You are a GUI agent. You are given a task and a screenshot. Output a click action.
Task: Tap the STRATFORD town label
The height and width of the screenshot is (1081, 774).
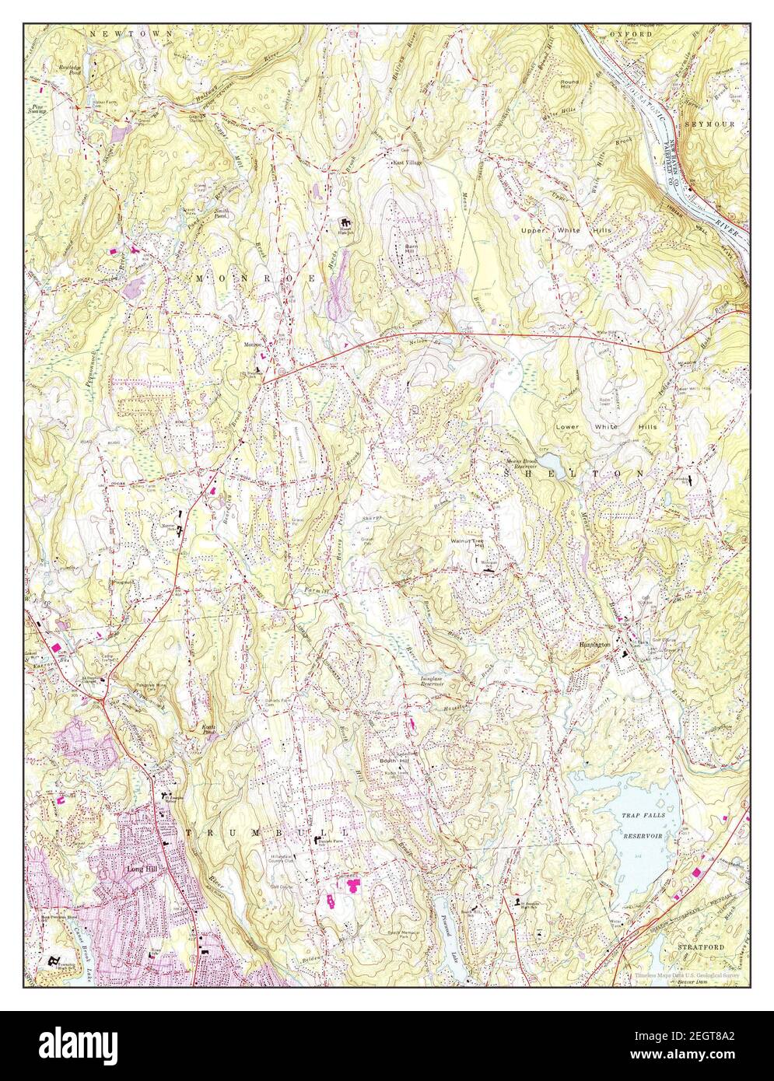pyautogui.click(x=701, y=947)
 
